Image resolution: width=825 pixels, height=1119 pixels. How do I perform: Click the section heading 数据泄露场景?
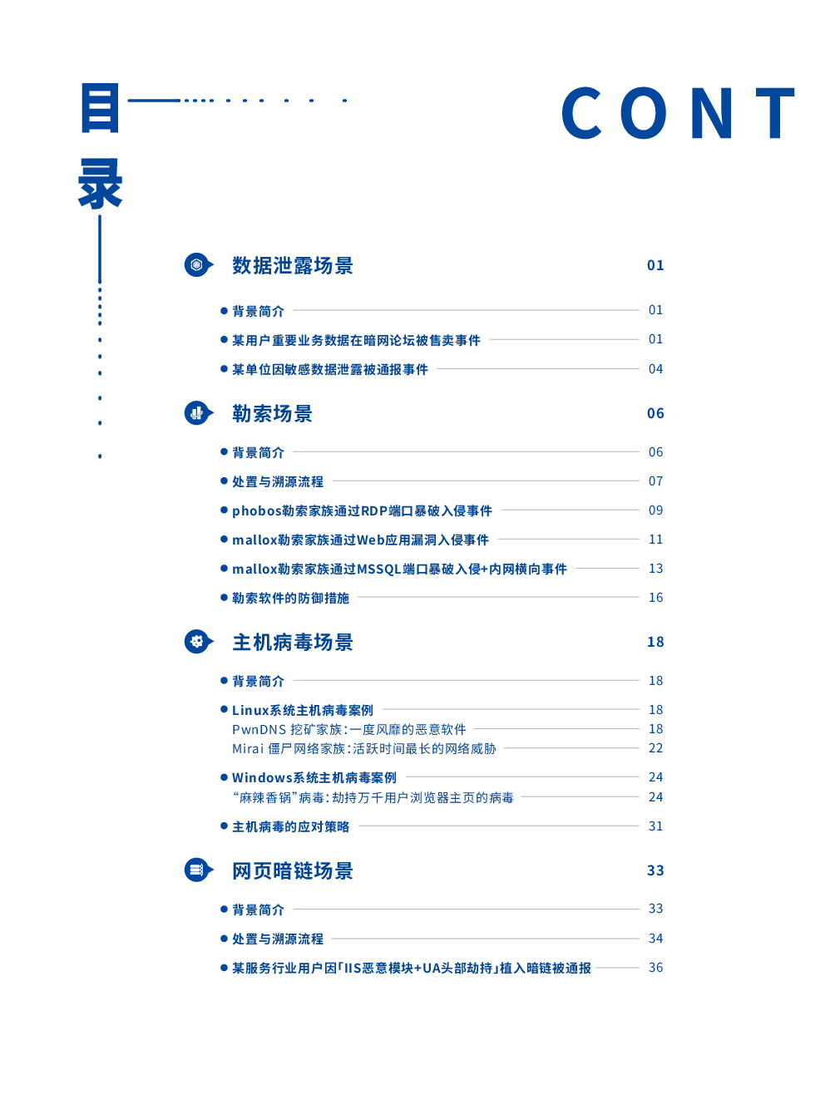pos(292,265)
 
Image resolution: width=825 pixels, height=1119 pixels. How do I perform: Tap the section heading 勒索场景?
pos(272,414)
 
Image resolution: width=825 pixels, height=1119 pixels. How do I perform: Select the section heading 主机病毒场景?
pos(292,642)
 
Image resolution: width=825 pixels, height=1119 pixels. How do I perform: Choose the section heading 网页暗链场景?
pos(292,870)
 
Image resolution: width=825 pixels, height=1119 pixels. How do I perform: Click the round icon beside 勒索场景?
pos(199,413)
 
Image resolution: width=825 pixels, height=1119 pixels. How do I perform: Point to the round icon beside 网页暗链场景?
pos(199,870)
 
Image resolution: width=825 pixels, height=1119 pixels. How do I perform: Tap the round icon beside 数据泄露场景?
pos(199,264)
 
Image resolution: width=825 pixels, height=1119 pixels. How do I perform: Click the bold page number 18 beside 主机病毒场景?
pos(655,642)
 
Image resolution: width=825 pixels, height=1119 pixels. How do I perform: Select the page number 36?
pos(655,968)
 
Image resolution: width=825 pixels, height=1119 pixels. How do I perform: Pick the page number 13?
pos(655,569)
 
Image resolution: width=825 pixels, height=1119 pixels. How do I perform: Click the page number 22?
pos(655,748)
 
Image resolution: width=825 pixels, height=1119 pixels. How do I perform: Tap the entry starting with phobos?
pos(363,510)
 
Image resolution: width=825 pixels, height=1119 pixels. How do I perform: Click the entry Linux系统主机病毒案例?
pos(303,710)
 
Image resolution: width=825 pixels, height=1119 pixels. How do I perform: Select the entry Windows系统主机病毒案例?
pos(314,777)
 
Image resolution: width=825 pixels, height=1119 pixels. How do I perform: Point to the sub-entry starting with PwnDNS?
pos(348,729)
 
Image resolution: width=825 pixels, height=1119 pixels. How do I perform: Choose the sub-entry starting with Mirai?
pos(363,748)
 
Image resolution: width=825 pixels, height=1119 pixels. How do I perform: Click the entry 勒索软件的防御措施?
pos(290,598)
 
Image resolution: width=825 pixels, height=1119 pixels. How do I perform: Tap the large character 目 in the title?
pos(100,108)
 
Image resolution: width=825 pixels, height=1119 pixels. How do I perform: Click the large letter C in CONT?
pos(581,112)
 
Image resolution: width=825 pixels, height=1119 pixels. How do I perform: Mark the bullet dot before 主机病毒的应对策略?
pos(224,826)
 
